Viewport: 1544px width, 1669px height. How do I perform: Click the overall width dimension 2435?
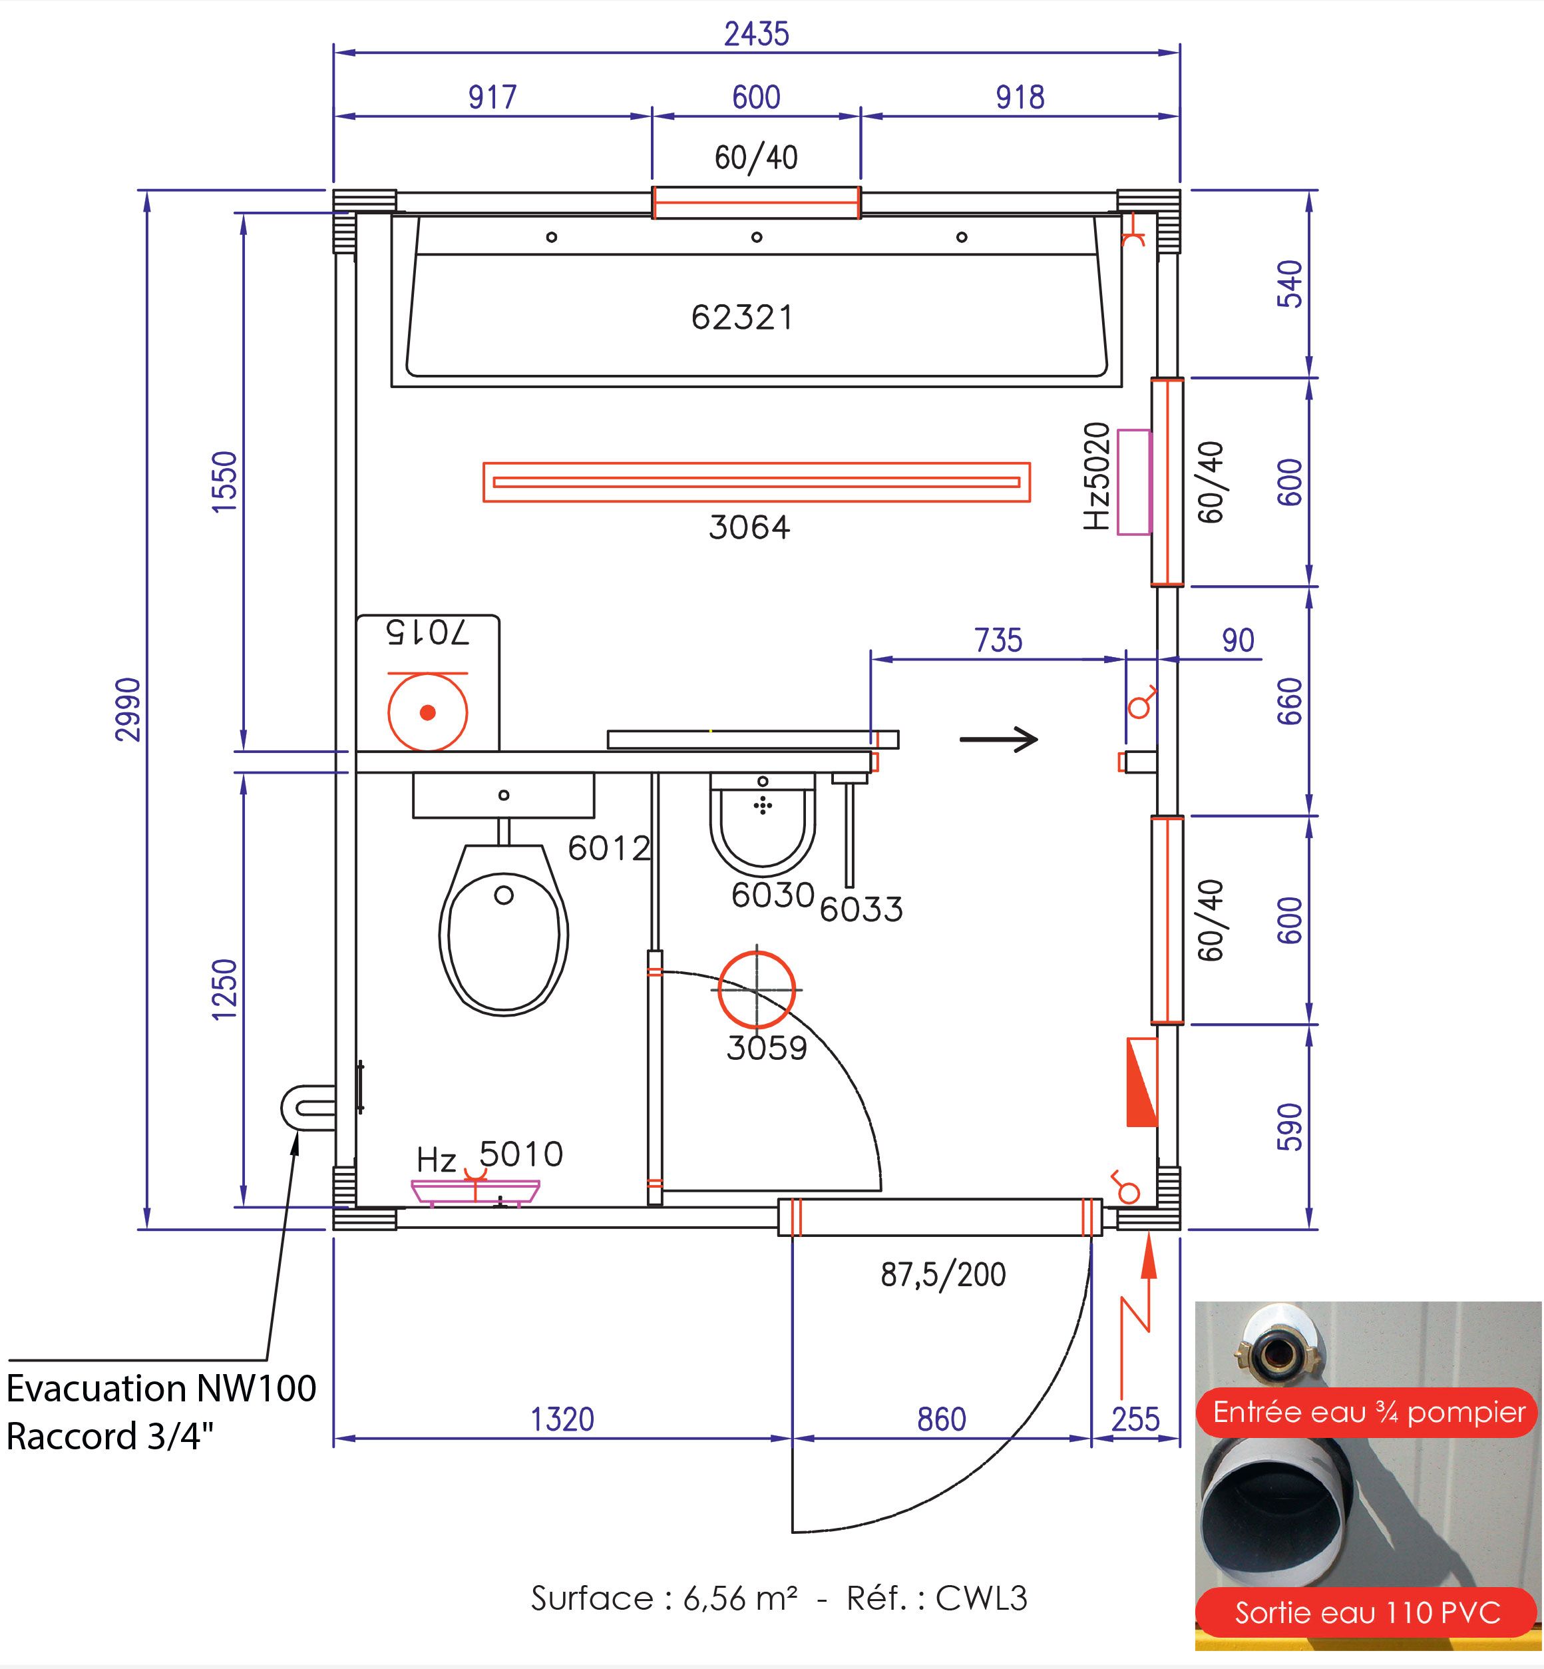click(756, 34)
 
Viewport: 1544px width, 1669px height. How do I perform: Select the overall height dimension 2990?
click(128, 710)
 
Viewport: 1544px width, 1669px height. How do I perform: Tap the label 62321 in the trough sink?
click(742, 318)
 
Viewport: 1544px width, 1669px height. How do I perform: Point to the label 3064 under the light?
click(749, 527)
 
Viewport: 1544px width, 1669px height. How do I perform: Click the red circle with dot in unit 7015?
click(428, 712)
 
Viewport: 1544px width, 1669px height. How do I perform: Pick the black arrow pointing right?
click(998, 739)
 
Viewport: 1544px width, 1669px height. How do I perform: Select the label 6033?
click(861, 910)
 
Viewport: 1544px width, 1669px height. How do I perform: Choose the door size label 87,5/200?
click(943, 1274)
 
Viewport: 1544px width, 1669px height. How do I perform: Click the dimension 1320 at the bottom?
click(562, 1419)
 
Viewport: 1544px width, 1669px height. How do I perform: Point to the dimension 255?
click(1135, 1419)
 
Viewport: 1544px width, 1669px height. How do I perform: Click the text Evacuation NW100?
click(161, 1388)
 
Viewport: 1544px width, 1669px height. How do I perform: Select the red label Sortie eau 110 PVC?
click(1368, 1612)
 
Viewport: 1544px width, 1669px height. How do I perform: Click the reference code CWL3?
click(981, 1598)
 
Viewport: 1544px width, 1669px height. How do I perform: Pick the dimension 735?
click(998, 640)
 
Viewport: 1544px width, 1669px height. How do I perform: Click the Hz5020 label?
click(1096, 477)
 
